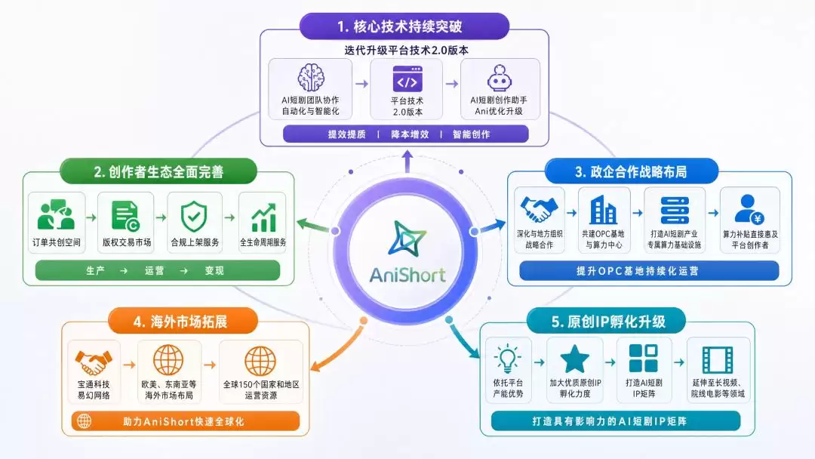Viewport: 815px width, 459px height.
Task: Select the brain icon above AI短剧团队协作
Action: (x=311, y=78)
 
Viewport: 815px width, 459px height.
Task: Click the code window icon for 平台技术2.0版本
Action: (x=407, y=79)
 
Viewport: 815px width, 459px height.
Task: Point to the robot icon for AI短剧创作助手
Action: (x=500, y=78)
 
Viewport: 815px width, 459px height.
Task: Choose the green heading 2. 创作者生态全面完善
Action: (x=158, y=171)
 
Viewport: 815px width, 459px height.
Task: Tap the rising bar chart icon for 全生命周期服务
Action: (x=263, y=218)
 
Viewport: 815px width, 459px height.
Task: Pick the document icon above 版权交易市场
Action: (x=125, y=216)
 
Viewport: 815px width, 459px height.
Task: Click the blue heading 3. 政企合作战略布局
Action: (x=631, y=171)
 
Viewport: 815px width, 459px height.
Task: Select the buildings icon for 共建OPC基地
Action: (x=604, y=210)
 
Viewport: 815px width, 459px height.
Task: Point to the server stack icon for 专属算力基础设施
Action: (x=675, y=211)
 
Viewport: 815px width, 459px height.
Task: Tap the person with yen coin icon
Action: (x=749, y=209)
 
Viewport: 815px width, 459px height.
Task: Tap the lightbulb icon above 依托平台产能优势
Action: (x=508, y=359)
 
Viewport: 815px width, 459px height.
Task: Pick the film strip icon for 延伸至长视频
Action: (x=718, y=359)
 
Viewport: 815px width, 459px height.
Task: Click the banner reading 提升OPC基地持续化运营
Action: (x=649, y=271)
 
